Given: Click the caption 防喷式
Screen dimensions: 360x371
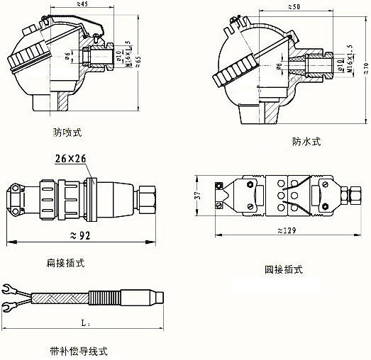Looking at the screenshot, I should coord(67,132).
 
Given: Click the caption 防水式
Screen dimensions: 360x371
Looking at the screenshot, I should coord(306,141).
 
